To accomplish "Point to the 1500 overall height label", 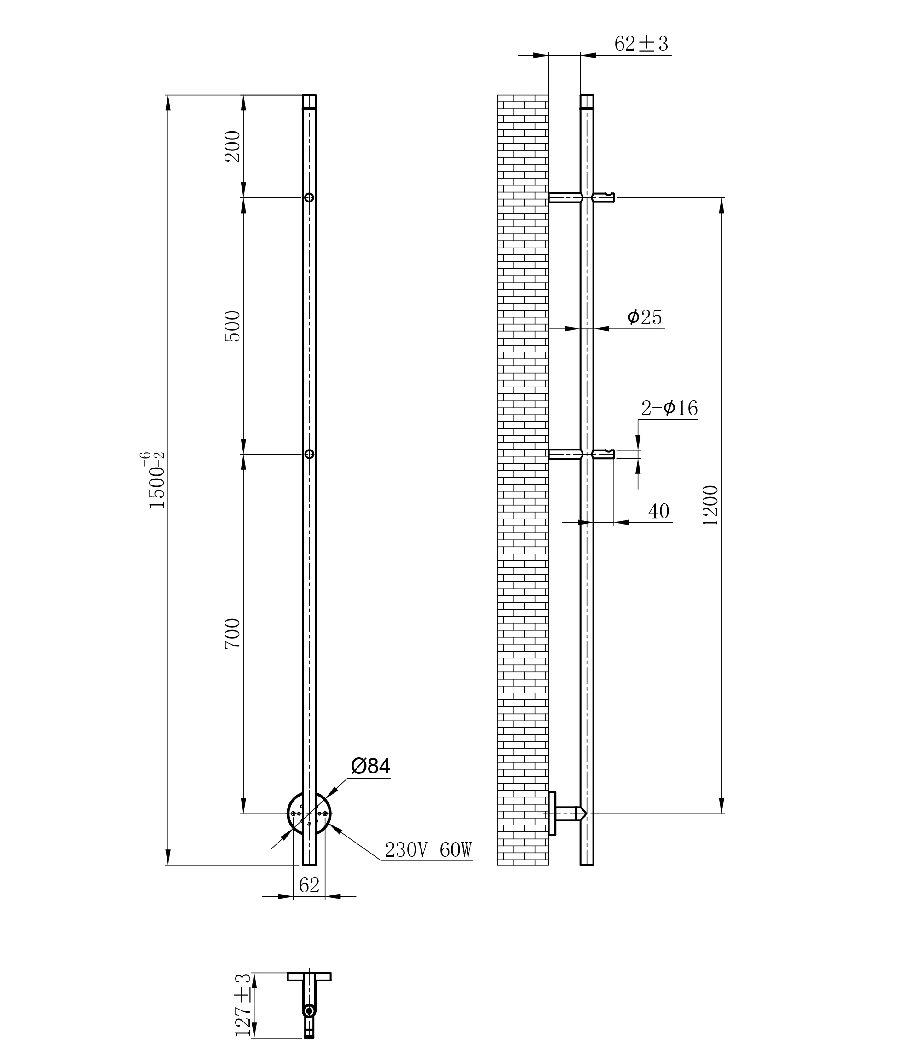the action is (154, 480).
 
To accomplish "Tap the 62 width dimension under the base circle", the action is (309, 885).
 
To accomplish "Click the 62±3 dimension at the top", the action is (641, 44).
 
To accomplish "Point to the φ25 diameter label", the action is (645, 317).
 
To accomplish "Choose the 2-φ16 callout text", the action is (669, 408).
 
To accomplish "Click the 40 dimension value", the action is (659, 511).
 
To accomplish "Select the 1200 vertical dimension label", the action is (711, 505).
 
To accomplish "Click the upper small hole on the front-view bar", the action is (309, 197).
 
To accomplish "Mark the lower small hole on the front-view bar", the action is (309, 454).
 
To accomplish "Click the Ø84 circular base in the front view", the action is (309, 814).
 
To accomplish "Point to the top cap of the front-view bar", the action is (309, 102).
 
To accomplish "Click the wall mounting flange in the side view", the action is (552, 814).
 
